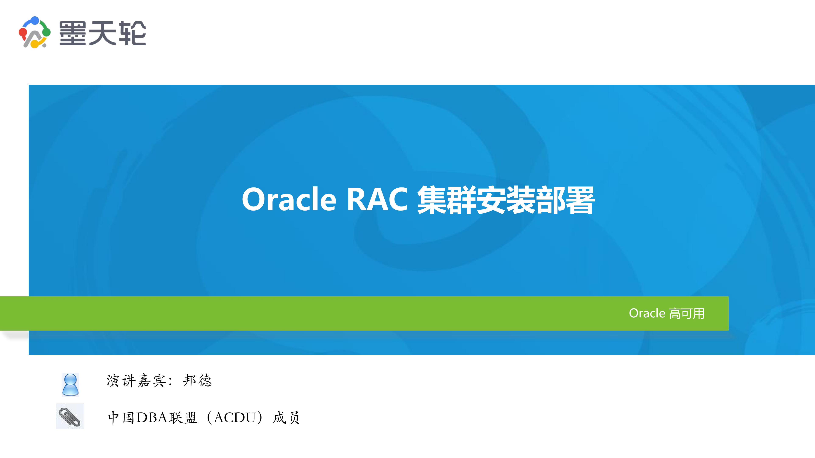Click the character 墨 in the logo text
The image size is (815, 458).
72,33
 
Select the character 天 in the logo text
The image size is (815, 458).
102,33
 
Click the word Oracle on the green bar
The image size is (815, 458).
647,313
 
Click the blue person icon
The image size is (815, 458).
70,384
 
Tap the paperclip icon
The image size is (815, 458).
70,416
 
